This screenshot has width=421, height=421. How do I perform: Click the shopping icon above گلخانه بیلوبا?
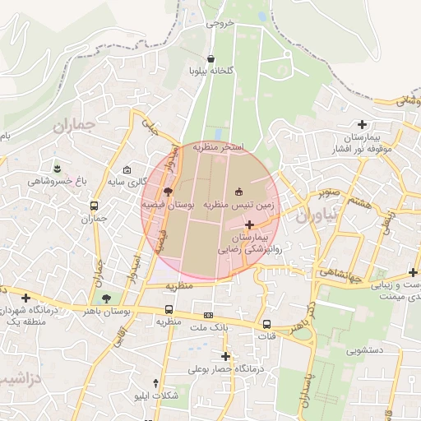coord(212,58)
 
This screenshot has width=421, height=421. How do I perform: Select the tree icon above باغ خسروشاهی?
coord(57,167)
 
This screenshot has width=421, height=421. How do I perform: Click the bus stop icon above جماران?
coord(95,206)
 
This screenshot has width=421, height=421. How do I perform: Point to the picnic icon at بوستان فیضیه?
coord(168,191)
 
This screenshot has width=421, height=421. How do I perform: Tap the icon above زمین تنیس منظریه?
coord(239,191)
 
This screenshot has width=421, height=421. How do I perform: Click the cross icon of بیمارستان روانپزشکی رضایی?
coord(249,224)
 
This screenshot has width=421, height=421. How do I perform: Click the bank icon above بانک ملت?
coord(208,315)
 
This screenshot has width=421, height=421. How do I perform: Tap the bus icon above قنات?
coord(266,324)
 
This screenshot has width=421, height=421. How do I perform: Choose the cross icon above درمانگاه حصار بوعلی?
coord(225,356)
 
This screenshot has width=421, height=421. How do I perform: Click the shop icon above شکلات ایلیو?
coord(156,383)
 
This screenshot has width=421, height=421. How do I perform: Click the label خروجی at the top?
coord(220,23)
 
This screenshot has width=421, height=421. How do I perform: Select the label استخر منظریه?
coord(218,146)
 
